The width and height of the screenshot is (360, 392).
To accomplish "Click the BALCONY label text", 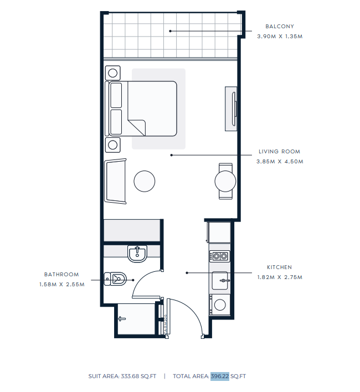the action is coord(280,26).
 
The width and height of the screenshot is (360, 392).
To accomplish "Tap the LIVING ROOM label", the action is coord(279,152).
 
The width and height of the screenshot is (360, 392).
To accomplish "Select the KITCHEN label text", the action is coord(279,267).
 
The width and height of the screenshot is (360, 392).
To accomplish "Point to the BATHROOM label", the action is coord(61,274).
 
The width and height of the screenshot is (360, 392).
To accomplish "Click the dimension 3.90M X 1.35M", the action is coord(280,36).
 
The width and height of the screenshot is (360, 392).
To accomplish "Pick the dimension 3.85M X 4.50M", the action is coord(280,162).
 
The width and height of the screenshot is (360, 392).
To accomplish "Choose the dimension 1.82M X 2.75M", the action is coord(280,277).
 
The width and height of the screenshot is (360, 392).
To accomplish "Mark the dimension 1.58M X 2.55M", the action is coord(61,284).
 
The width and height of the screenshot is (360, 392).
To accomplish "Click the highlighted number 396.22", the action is coord(220,376).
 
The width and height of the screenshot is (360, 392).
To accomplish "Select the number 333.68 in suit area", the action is coord(130,376).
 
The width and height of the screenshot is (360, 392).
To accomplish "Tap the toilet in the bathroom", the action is coord(115,278).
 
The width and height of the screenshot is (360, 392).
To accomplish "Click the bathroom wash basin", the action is coord(137,254).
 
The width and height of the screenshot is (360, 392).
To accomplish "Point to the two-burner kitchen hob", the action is coord(219,256).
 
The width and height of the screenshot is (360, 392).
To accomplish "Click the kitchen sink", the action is coord(220,281).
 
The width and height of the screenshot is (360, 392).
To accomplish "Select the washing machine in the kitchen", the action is coord(220,305).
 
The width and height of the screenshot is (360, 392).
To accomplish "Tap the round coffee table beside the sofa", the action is coord(144,181).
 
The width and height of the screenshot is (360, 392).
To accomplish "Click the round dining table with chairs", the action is coord(225,181).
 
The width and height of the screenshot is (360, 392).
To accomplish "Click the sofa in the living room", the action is coord(115,181).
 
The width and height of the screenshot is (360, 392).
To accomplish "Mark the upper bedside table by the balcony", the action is coord(113,73).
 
